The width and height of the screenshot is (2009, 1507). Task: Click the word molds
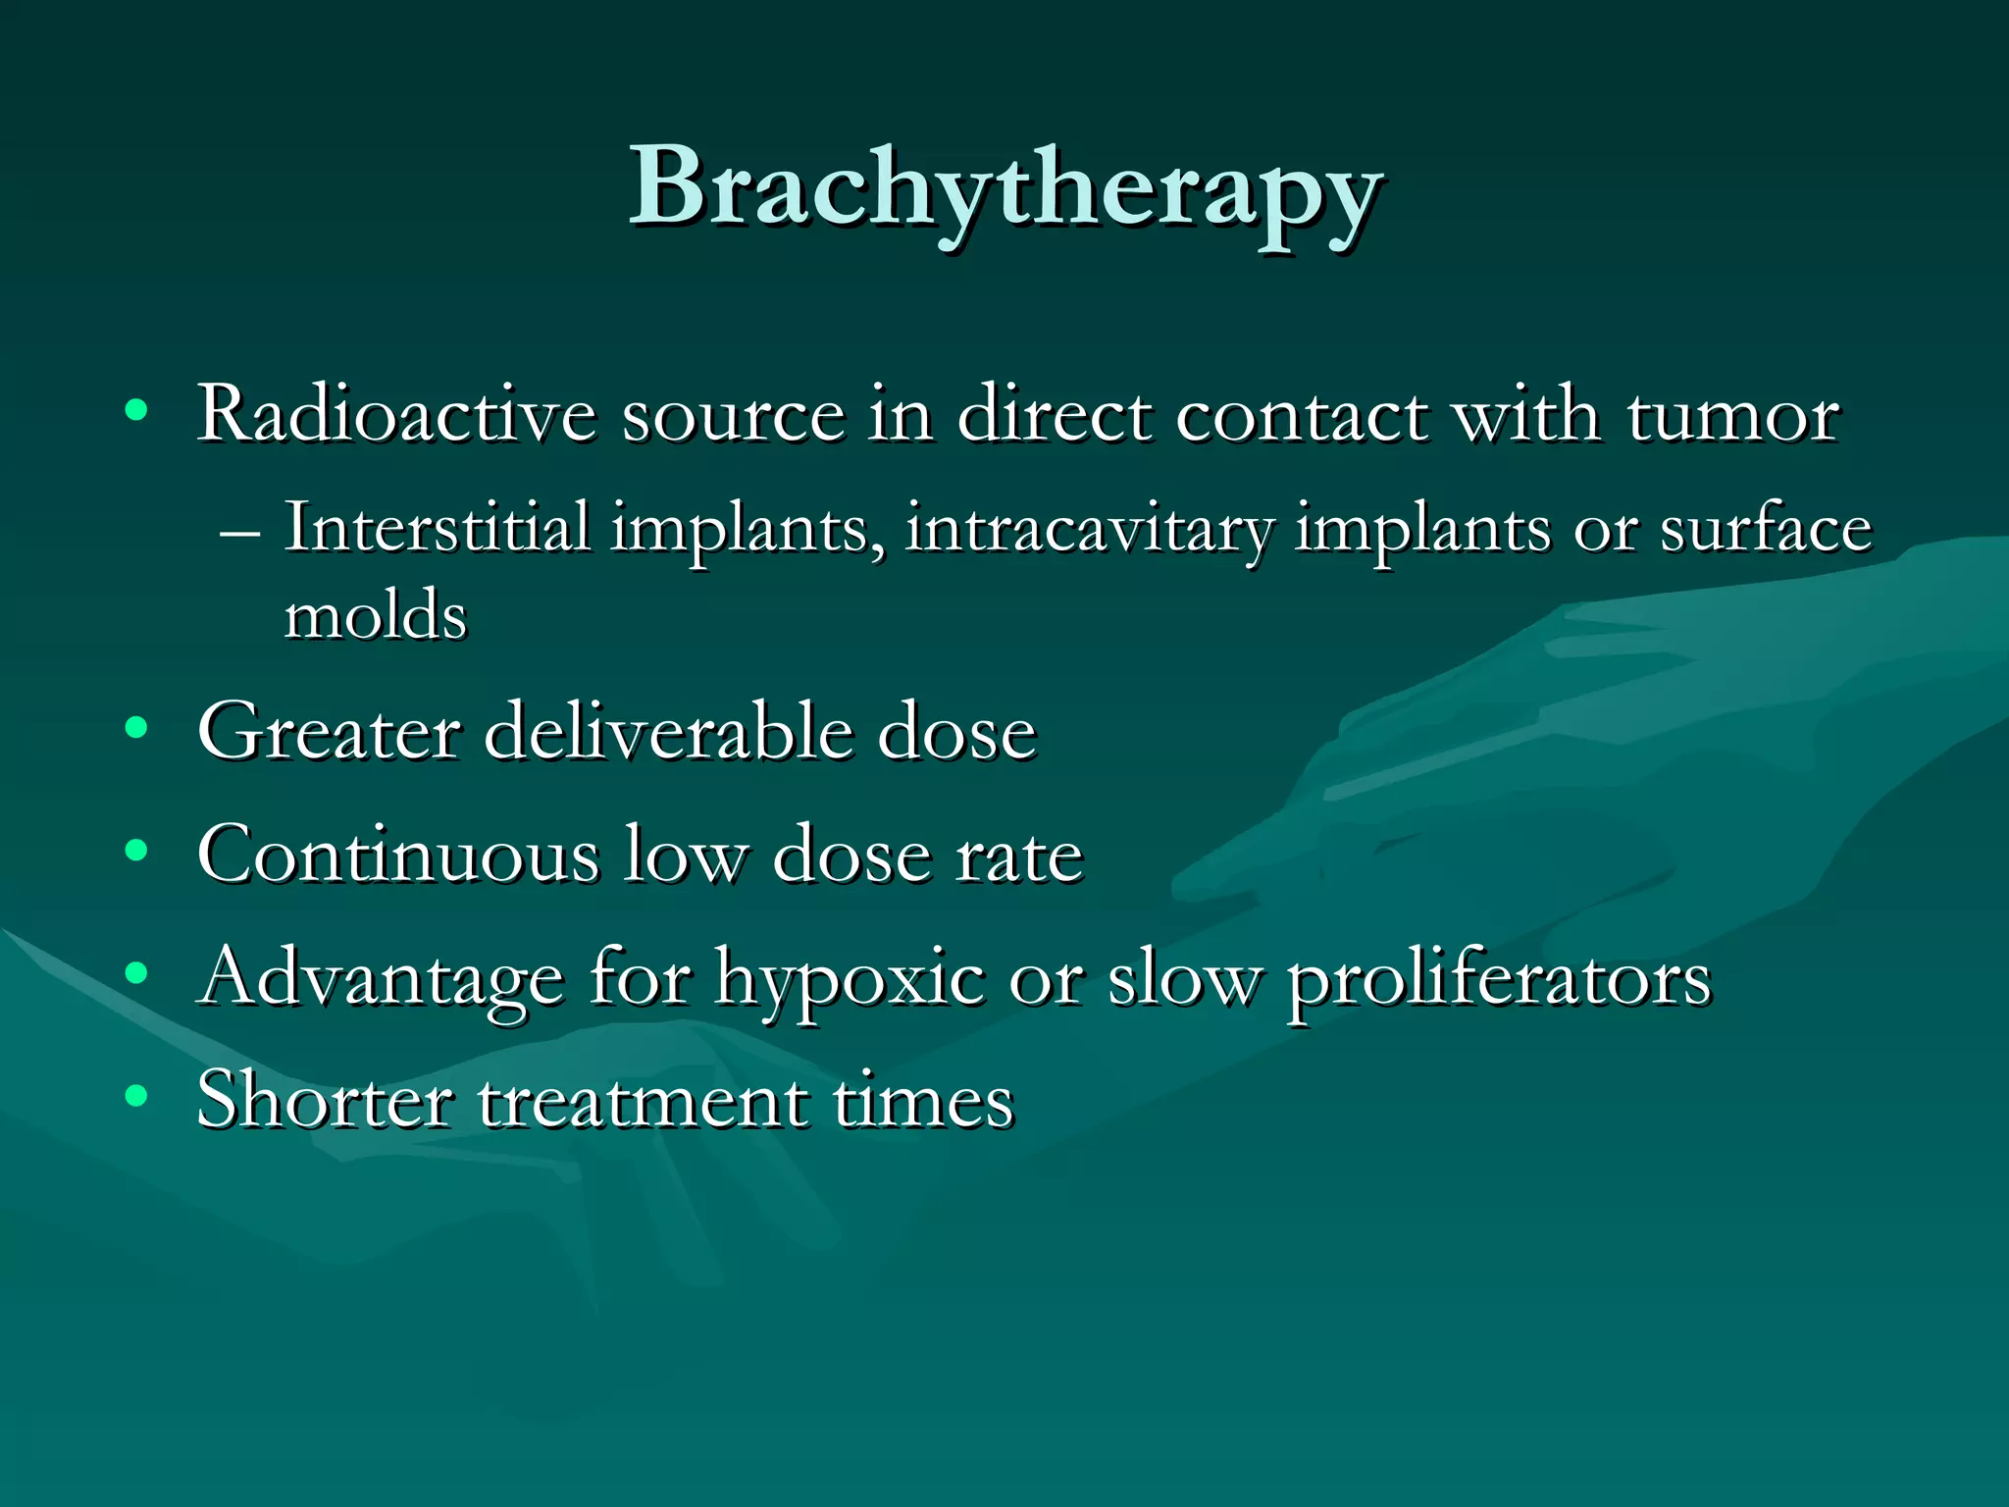coord(375,616)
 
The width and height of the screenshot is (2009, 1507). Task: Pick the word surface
coord(1766,530)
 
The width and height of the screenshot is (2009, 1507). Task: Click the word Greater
coord(328,732)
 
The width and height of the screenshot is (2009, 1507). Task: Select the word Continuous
coord(397,855)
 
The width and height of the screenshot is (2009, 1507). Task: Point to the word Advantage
coord(381,979)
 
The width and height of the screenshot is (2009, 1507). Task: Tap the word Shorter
coord(324,1100)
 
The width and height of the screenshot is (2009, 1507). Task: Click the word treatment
coord(643,1102)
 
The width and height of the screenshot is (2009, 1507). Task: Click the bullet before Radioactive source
coord(136,409)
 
